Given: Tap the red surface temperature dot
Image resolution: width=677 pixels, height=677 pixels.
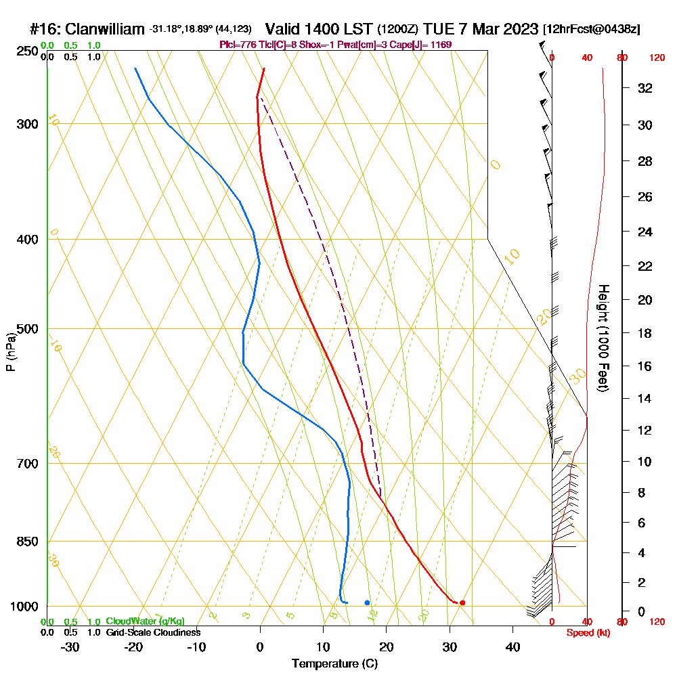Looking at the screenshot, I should pyautogui.click(x=462, y=603).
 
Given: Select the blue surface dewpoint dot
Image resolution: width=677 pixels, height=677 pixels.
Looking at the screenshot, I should pyautogui.click(x=367, y=602).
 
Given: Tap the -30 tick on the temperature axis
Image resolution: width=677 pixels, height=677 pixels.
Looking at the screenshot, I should pyautogui.click(x=70, y=647).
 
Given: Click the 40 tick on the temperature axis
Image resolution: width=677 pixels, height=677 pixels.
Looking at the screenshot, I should pyautogui.click(x=512, y=647).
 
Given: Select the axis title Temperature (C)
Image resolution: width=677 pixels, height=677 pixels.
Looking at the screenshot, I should pyautogui.click(x=334, y=664).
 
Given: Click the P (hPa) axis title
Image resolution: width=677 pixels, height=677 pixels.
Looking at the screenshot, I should pyautogui.click(x=10, y=352).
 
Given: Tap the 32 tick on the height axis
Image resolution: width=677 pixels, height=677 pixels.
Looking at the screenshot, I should pyautogui.click(x=645, y=88).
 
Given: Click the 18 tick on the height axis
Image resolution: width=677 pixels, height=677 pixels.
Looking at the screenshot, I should pyautogui.click(x=645, y=333).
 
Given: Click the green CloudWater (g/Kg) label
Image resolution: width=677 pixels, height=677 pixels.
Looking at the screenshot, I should pyautogui.click(x=145, y=621).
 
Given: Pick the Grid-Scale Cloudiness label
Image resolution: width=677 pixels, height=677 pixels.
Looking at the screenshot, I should pyautogui.click(x=152, y=632).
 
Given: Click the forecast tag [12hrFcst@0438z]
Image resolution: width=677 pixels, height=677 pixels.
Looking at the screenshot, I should pyautogui.click(x=591, y=30).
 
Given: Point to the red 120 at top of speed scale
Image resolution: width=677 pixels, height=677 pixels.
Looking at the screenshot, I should pyautogui.click(x=656, y=58).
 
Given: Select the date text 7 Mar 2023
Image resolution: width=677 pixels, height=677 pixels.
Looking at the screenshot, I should pyautogui.click(x=494, y=29).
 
